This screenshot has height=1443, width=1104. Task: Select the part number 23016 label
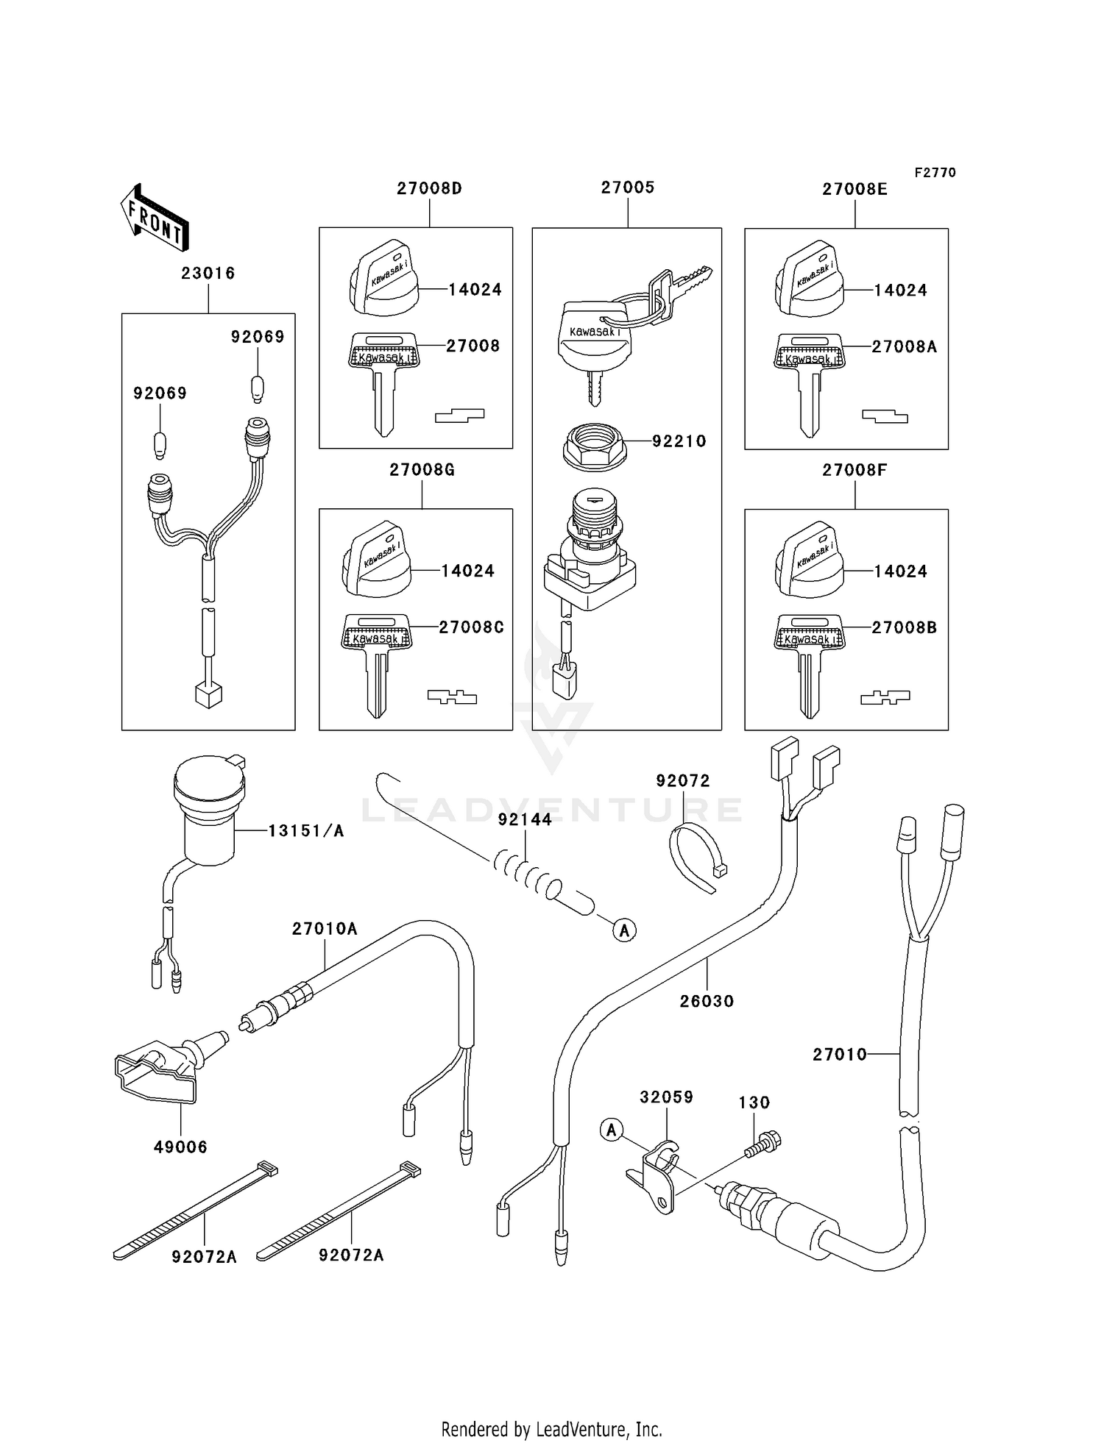pyautogui.click(x=208, y=274)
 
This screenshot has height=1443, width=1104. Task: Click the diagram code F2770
pyautogui.click(x=935, y=173)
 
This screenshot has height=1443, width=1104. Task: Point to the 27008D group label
pyautogui.click(x=429, y=188)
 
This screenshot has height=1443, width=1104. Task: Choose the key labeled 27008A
pyautogui.click(x=809, y=382)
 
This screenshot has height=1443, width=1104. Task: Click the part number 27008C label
pyautogui.click(x=471, y=627)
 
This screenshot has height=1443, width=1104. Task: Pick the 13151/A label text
pyautogui.click(x=305, y=831)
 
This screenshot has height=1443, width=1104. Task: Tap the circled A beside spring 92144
pyautogui.click(x=624, y=930)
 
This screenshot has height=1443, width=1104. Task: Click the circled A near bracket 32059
pyautogui.click(x=612, y=1129)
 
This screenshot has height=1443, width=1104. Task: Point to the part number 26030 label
pyautogui.click(x=707, y=1001)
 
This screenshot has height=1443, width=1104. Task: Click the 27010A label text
pyautogui.click(x=325, y=929)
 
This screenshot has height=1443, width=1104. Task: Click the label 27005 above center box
pyautogui.click(x=627, y=188)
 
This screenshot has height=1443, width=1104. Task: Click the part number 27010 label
pyautogui.click(x=840, y=1055)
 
